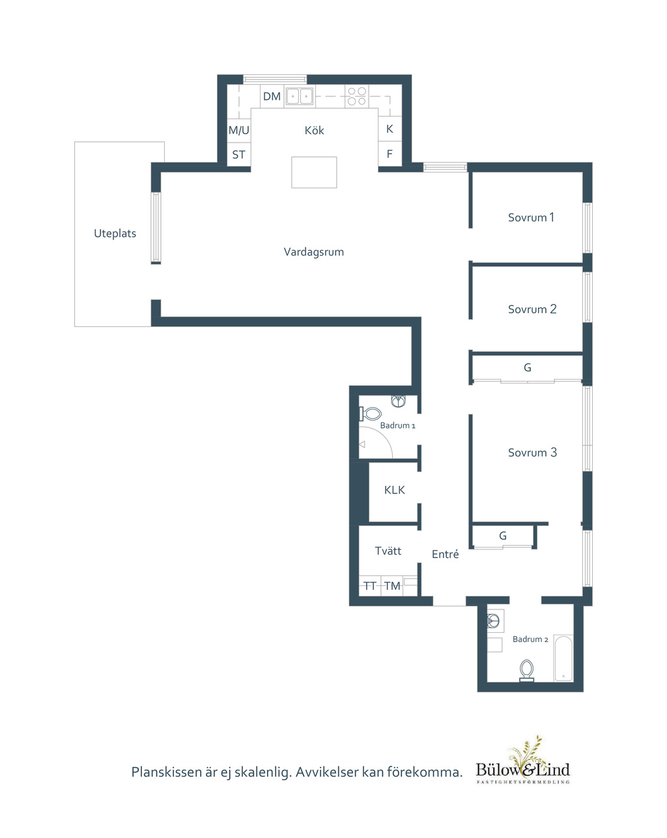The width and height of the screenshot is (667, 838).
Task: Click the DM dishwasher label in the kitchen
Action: (x=272, y=96)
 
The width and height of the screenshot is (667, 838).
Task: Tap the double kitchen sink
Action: (x=300, y=96)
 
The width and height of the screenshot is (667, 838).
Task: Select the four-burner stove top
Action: (x=357, y=96)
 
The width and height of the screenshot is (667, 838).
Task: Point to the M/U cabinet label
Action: (x=238, y=130)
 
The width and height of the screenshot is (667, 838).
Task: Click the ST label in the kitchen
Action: (x=238, y=154)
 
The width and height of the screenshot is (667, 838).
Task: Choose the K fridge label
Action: (x=390, y=129)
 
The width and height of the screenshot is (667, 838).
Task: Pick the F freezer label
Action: (x=390, y=154)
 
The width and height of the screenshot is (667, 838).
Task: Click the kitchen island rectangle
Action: (x=313, y=172)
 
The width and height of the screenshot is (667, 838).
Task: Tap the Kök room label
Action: (x=314, y=130)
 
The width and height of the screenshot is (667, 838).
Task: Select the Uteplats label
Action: (x=115, y=233)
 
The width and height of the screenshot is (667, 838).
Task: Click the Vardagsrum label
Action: (x=313, y=252)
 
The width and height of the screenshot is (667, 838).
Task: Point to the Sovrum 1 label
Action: (x=531, y=217)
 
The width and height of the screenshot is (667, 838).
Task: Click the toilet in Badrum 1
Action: (x=370, y=413)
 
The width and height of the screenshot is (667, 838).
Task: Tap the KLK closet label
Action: (x=394, y=490)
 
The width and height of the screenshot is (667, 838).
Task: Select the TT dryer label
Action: (x=370, y=585)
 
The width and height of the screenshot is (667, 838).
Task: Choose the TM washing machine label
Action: (x=392, y=585)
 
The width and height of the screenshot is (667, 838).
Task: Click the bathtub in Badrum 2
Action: (x=563, y=658)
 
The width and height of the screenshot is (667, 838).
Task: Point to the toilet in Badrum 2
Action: (x=526, y=670)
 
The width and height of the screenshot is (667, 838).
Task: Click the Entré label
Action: (x=446, y=554)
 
